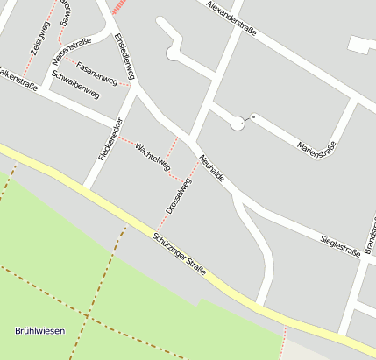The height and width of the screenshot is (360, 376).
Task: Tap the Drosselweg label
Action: [178, 197]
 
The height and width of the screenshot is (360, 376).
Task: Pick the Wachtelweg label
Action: [153, 155]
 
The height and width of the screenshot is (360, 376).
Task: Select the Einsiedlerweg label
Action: [128, 59]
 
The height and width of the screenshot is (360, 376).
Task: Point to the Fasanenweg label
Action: [96, 73]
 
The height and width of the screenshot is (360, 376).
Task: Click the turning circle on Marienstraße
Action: [237, 124]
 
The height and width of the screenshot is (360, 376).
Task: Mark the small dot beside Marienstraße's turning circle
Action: [253, 116]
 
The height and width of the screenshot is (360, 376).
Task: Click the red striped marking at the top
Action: [119, 6]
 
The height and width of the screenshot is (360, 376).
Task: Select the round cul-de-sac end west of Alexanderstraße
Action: [173, 54]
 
